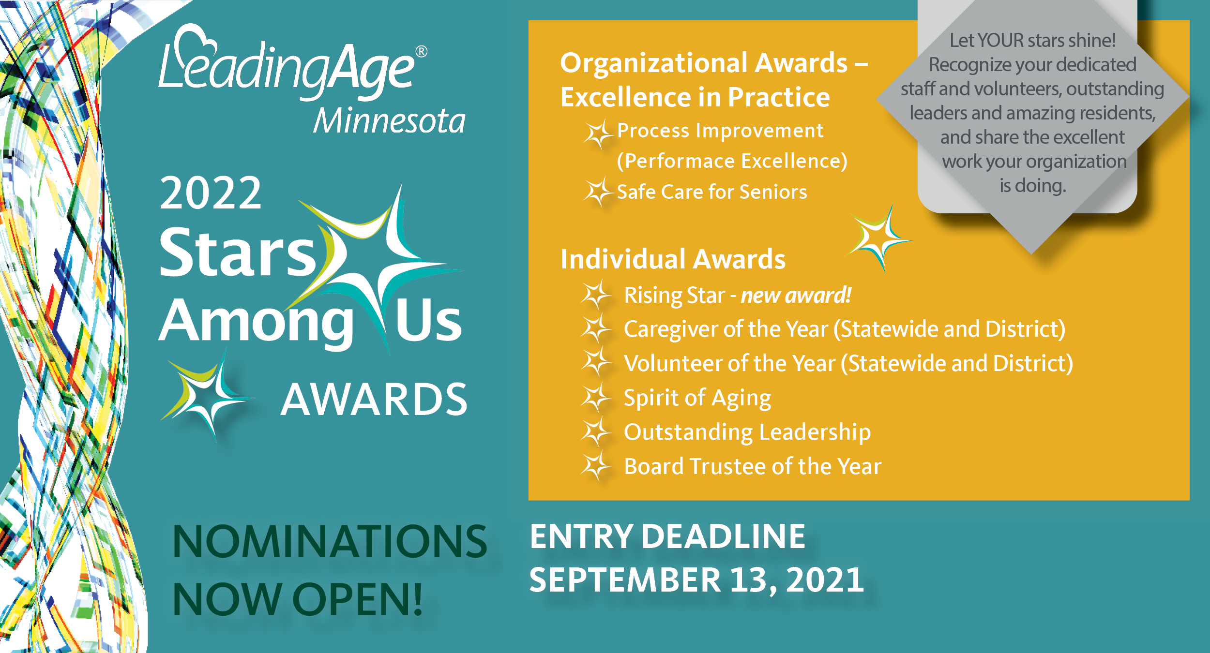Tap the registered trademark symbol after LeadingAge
[x=421, y=52]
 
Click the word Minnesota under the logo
[x=389, y=120]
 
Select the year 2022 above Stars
[x=211, y=193]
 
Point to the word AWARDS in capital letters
[x=374, y=399]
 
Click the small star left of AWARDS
[x=206, y=397]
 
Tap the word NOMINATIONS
[x=330, y=541]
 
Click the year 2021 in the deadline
[x=825, y=579]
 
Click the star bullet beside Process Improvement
[x=598, y=134]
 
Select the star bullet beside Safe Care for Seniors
[x=598, y=192]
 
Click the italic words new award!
[x=796, y=295]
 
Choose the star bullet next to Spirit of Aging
[x=596, y=398]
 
